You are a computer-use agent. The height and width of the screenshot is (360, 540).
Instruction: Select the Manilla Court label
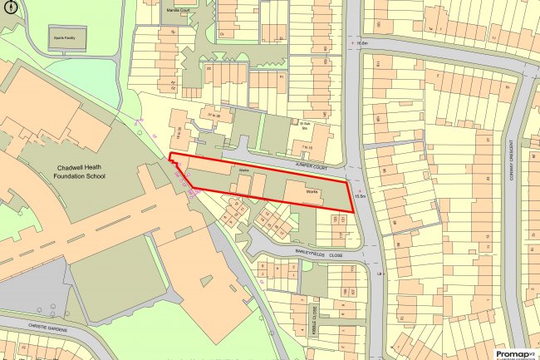[x=179, y=11]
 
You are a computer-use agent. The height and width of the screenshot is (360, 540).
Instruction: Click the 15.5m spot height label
[x=359, y=196]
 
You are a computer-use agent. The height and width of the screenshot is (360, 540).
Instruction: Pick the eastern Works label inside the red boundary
[x=312, y=191]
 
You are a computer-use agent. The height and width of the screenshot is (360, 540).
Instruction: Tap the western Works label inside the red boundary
[x=244, y=170]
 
